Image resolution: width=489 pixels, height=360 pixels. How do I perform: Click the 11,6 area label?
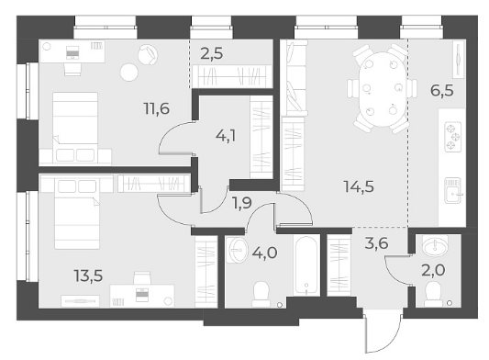click(157, 108)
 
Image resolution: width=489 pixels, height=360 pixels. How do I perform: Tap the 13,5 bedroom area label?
click(88, 276)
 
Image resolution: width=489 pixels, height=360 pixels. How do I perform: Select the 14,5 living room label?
click(359, 186)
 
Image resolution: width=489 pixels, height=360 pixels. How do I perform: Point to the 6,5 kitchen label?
click(442, 91)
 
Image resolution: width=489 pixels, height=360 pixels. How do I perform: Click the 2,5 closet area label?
click(212, 53)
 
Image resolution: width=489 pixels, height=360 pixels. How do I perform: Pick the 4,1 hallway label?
click(226, 136)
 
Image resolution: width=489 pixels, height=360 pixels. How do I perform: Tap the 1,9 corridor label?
click(242, 203)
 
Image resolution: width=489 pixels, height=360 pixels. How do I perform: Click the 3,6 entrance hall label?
click(376, 243)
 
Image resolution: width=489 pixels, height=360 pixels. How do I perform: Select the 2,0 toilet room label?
click(433, 270)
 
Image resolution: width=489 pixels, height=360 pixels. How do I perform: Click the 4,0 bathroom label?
click(265, 253)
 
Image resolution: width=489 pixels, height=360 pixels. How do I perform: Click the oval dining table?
click(383, 89)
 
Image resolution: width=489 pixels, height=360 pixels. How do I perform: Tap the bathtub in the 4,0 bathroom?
click(306, 265)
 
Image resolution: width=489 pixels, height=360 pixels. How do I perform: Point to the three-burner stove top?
click(453, 137)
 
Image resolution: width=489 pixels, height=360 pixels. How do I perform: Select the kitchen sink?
click(453, 190)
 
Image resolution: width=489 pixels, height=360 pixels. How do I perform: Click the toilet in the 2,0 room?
click(434, 294)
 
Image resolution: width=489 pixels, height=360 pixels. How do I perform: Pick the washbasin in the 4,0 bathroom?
click(238, 250)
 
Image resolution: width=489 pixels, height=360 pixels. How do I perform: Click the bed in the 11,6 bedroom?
click(75, 127)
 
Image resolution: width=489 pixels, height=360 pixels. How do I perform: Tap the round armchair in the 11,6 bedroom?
click(147, 54)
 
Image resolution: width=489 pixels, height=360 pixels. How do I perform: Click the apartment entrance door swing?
click(383, 333)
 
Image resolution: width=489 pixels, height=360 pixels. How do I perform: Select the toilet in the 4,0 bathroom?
click(261, 294)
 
